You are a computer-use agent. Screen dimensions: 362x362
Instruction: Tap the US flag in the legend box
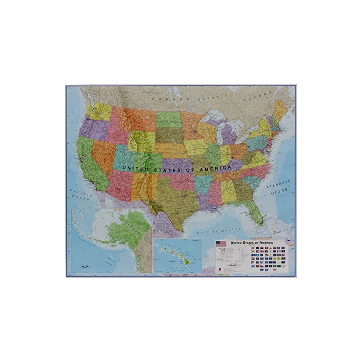click(221, 243)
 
